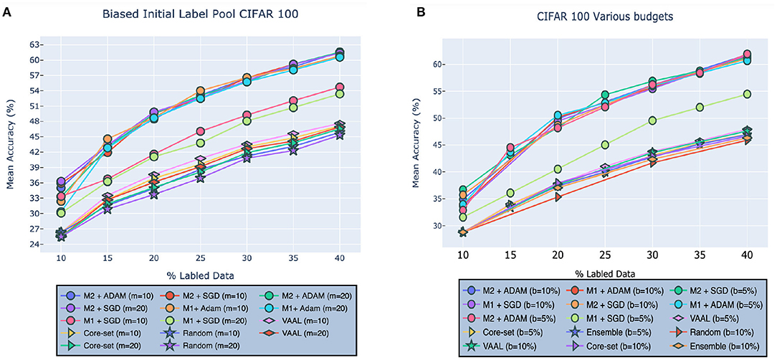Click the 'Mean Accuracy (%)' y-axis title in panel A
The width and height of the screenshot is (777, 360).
(11, 143)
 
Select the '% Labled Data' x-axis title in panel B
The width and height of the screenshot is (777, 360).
(604, 273)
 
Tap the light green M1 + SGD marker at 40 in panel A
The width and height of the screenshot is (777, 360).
(340, 94)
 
